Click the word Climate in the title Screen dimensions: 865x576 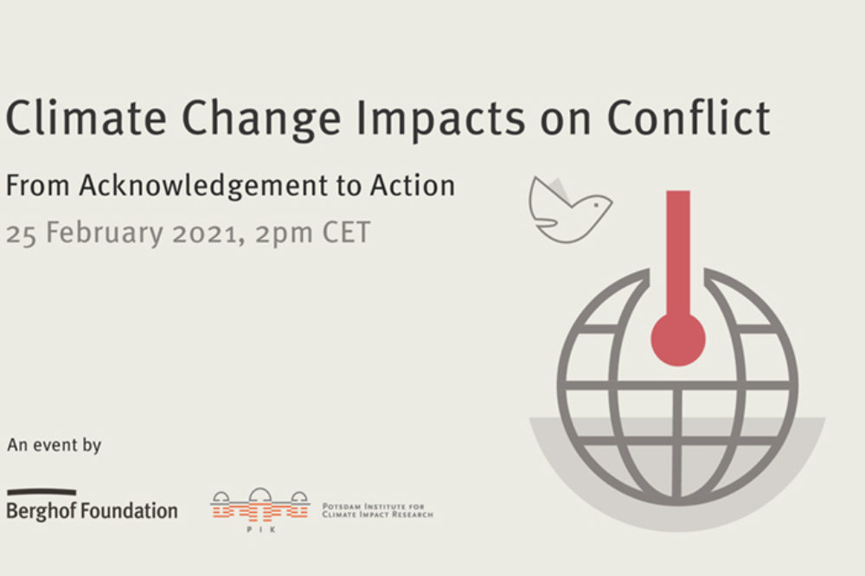pyautogui.click(x=86, y=118)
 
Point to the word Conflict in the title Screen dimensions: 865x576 pyautogui.click(x=689, y=118)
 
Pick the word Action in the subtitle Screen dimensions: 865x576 pyautogui.click(x=412, y=185)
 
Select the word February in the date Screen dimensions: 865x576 pyautogui.click(x=105, y=234)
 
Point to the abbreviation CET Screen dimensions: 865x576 pyautogui.click(x=346, y=233)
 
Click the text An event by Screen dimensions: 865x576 pyautogui.click(x=54, y=445)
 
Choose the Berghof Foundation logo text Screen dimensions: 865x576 pyautogui.click(x=92, y=511)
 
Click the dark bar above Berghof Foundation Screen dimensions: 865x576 pyautogui.click(x=42, y=491)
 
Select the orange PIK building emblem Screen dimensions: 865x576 pyautogui.click(x=259, y=504)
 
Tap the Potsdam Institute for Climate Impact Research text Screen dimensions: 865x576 pyautogui.click(x=377, y=510)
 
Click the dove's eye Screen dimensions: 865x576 pyautogui.click(x=596, y=205)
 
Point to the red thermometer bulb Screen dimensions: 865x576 pyautogui.click(x=678, y=339)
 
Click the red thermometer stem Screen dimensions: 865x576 pyautogui.click(x=678, y=253)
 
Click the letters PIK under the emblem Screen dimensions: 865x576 pyautogui.click(x=260, y=529)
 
